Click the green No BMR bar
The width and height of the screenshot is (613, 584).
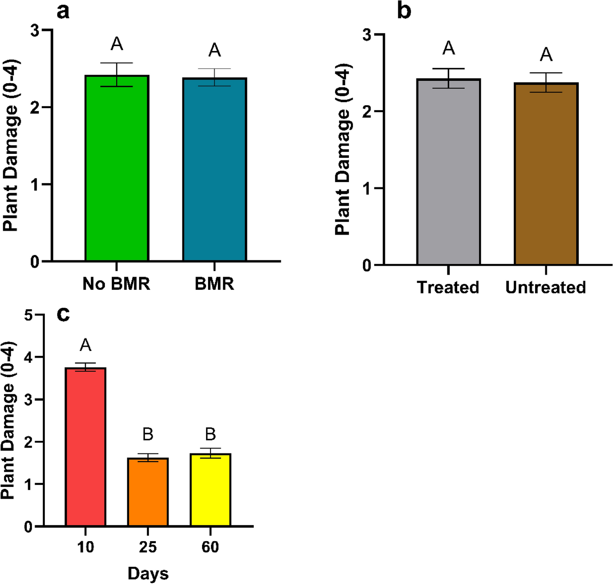click(x=117, y=168)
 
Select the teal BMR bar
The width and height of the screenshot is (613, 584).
click(x=215, y=169)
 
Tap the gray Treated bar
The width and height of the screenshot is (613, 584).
click(x=449, y=172)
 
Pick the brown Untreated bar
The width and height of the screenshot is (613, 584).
click(x=546, y=174)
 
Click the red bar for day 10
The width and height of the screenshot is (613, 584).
click(x=86, y=447)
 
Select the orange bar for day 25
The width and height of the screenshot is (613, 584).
click(x=148, y=492)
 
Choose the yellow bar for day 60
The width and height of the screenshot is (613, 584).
click(x=210, y=490)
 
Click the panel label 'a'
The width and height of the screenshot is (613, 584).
click(x=63, y=11)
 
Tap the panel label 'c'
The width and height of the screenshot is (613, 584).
click(x=63, y=314)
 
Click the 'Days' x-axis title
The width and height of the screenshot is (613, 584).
click(x=148, y=573)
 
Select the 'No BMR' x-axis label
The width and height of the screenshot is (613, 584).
click(x=116, y=284)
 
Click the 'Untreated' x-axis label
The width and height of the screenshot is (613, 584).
click(x=546, y=287)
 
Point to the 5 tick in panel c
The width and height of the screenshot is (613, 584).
click(x=28, y=315)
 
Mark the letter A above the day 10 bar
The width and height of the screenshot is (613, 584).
click(x=85, y=345)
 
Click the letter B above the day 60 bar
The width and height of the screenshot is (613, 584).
click(x=210, y=434)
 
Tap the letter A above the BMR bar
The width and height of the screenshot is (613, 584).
click(x=215, y=51)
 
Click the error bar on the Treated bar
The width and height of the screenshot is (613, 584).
click(x=449, y=78)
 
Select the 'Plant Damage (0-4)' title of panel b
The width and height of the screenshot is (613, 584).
click(x=343, y=149)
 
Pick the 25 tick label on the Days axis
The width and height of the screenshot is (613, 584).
click(x=148, y=547)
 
